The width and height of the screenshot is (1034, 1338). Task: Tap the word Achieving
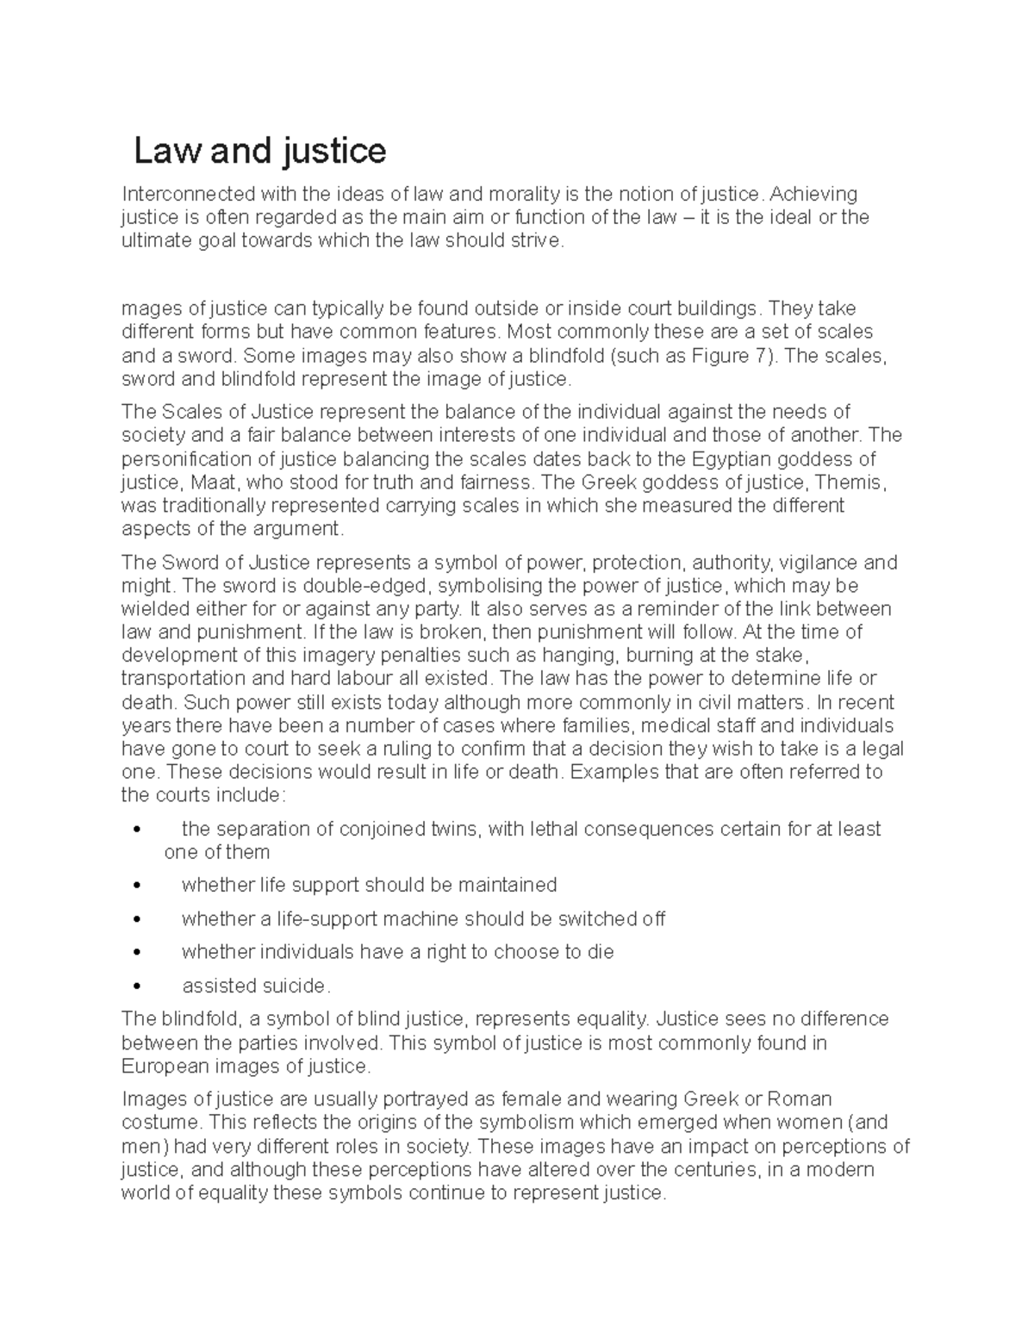coord(814,194)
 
